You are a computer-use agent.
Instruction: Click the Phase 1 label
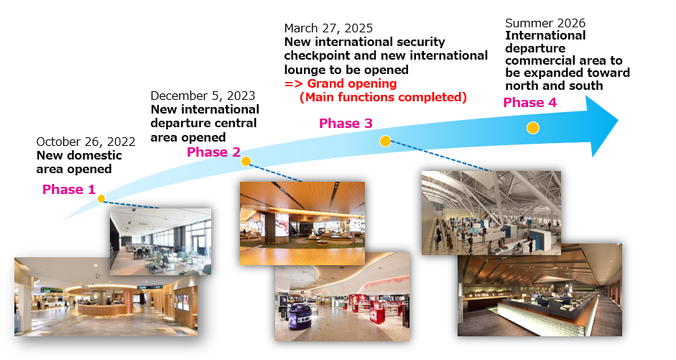68,190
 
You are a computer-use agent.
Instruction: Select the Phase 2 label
213,152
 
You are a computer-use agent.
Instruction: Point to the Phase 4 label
529,103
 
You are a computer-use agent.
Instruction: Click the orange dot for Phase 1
101,199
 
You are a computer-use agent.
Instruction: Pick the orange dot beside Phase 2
246,162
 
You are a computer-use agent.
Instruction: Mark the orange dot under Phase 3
385,141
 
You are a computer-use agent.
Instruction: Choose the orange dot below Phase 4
532,128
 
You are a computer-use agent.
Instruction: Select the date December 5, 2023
203,96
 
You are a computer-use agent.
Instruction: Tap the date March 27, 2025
328,29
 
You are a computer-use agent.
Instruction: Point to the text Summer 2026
545,23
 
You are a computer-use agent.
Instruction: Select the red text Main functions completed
383,97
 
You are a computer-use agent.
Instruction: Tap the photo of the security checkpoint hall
491,212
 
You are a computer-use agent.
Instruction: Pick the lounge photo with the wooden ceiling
302,213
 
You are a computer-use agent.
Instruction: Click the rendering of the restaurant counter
539,290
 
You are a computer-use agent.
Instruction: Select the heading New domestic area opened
79,162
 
